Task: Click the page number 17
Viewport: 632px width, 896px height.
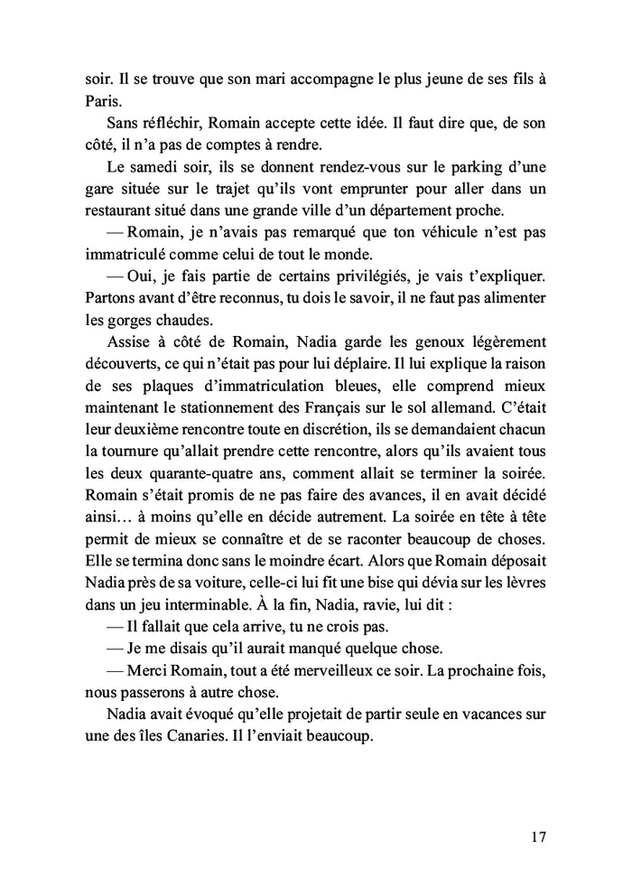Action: pos(538,835)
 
